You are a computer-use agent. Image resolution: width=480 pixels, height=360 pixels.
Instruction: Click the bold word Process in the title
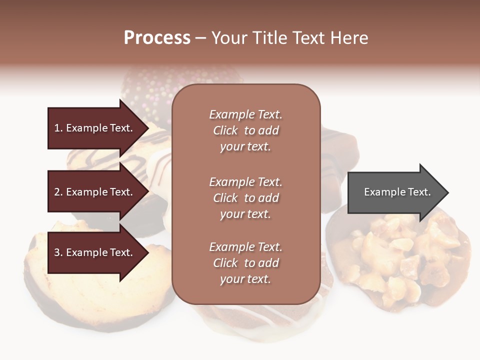tap(157, 37)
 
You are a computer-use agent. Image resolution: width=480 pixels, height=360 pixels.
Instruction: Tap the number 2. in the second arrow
tap(58, 192)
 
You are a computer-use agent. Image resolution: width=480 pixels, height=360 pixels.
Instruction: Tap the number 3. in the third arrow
tap(58, 252)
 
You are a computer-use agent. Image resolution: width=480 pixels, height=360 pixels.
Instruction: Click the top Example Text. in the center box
tap(245, 114)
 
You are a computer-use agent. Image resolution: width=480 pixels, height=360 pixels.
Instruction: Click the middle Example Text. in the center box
tap(245, 181)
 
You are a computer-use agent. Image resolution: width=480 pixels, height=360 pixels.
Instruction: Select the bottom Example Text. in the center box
tap(245, 247)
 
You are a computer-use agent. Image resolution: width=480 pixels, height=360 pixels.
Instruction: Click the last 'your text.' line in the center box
tap(245, 279)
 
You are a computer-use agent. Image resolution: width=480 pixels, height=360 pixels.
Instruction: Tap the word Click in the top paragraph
tap(225, 130)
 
